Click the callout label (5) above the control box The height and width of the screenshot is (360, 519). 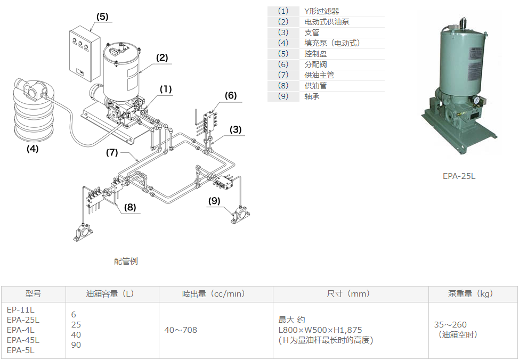102,17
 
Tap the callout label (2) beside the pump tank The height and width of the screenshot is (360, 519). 162,58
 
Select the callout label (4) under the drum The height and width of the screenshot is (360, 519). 33,149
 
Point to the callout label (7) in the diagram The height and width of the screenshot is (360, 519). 111,152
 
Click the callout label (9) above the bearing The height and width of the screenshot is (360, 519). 214,201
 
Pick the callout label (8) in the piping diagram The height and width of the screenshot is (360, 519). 131,208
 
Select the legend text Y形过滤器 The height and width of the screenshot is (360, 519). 322,11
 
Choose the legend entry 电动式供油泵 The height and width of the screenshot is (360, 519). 327,22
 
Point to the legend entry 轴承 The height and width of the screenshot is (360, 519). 312,96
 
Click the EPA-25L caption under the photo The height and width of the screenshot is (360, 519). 459,176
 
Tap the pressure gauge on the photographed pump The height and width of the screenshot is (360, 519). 475,101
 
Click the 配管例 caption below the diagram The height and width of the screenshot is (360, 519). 126,261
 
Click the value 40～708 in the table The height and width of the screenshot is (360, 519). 181,330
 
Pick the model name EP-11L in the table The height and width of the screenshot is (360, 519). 20,309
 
